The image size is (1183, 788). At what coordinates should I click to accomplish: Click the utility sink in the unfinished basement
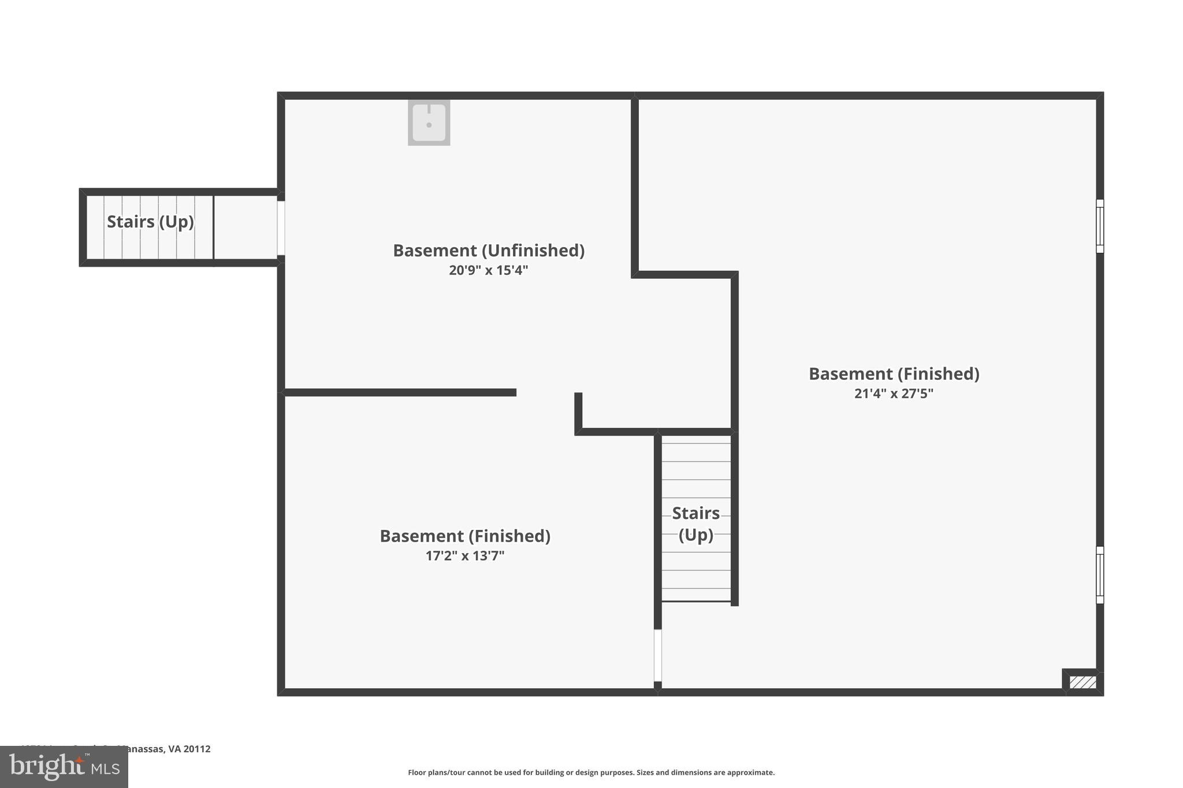click(x=429, y=122)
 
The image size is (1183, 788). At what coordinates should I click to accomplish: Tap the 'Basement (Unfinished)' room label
click(x=489, y=251)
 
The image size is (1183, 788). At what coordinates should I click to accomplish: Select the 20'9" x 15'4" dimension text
click(x=489, y=270)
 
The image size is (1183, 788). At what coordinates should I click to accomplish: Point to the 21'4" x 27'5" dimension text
click(x=894, y=394)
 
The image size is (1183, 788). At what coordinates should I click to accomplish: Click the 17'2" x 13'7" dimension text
click(x=465, y=556)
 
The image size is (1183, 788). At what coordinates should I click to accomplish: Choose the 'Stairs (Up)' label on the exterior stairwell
click(x=150, y=222)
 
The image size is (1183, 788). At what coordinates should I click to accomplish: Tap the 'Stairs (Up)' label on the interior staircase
click(x=695, y=524)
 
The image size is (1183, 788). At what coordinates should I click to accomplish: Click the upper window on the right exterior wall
click(x=1100, y=226)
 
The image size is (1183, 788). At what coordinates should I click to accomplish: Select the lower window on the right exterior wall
click(x=1100, y=575)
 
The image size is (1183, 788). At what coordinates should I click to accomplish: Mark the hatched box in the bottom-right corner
click(x=1082, y=682)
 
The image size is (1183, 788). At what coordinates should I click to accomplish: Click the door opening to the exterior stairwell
click(x=281, y=227)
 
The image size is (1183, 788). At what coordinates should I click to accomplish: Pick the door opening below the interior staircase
click(x=657, y=655)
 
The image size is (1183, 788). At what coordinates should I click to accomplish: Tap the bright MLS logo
click(x=64, y=767)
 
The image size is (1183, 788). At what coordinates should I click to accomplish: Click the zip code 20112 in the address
click(x=197, y=749)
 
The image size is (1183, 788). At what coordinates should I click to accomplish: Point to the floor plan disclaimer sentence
click(x=591, y=772)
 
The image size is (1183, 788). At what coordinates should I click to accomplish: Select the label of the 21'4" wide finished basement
click(x=894, y=374)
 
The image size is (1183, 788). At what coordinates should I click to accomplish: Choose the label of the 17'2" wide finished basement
click(x=465, y=536)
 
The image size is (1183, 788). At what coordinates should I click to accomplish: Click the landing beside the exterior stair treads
click(x=245, y=227)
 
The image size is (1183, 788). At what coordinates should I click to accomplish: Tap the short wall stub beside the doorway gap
click(x=578, y=411)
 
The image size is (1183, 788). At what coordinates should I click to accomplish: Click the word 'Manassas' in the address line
click(x=141, y=749)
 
